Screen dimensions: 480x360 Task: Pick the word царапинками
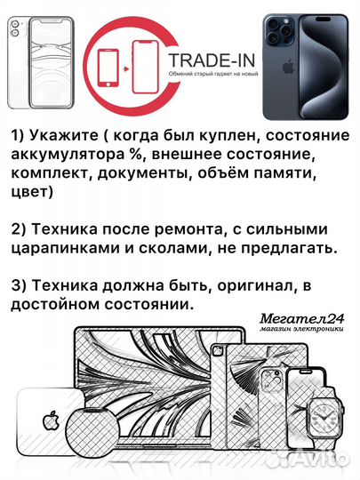coord(60,246)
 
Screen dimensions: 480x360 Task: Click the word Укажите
coord(61,138)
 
